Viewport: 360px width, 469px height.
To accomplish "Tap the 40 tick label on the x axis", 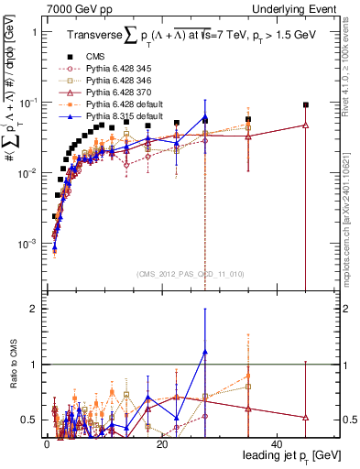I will (x=277, y=443).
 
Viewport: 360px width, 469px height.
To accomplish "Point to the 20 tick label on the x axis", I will (x=161, y=443).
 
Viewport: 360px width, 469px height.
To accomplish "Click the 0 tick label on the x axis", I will (x=47, y=443).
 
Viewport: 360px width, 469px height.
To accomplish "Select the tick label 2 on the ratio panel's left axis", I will (x=33, y=309).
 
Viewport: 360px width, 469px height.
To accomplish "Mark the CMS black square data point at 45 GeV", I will (x=305, y=105).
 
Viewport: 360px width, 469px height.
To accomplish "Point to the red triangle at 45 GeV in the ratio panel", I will (x=305, y=418).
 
